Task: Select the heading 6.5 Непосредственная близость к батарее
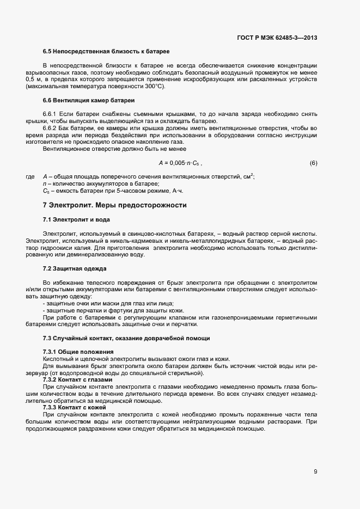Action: pos(106,51)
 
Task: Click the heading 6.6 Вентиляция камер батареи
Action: pos(89,101)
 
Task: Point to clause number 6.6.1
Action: pos(51,114)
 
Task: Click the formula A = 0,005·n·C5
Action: pos(179,163)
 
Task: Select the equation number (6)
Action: pos(313,163)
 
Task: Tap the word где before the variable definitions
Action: pos(30,177)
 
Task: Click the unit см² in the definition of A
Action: pos(249,176)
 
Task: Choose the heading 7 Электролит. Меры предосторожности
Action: pos(114,205)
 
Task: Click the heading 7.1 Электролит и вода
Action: pos(76,219)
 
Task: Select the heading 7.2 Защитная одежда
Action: pos(75,269)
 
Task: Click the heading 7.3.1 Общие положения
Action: pos(78,352)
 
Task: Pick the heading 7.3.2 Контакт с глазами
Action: pos(77,379)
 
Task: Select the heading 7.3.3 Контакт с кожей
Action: pos(75,408)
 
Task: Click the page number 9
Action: pos(315,471)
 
